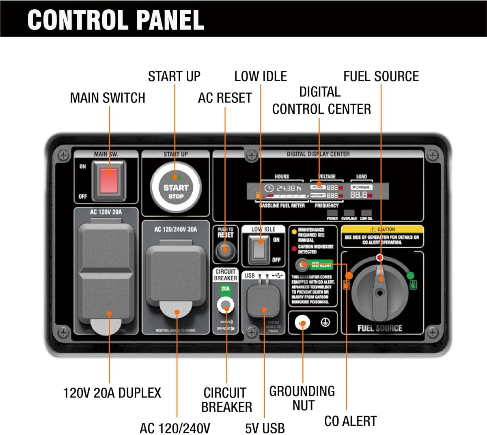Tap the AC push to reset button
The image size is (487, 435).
pos(225,251)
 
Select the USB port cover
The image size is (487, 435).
pos(263,301)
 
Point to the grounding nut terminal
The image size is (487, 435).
pos(302,323)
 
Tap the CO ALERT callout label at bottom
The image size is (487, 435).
pos(350,421)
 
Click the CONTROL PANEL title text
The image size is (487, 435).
pos(116,19)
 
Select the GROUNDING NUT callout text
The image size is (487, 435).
pos(302,398)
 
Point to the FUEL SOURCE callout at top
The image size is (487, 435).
pos(381,76)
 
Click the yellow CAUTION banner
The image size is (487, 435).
pos(382,229)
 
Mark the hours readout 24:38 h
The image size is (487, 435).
pos(289,188)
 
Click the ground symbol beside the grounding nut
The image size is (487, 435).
pos(325,322)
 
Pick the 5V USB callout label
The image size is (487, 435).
pos(265,428)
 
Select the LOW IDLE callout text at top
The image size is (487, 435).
pos(261,76)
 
